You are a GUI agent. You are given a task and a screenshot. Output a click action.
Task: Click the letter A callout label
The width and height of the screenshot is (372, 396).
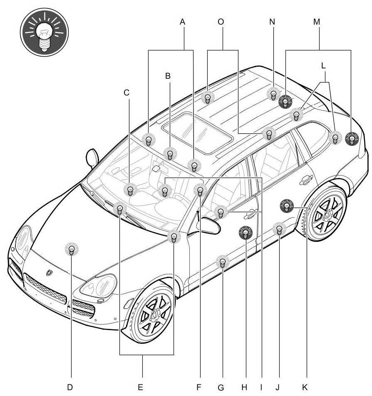pyautogui.click(x=182, y=22)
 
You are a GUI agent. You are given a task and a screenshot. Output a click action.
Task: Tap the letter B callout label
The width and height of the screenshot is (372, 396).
pyautogui.click(x=168, y=76)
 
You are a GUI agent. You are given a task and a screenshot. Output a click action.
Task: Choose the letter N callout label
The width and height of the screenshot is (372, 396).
pyautogui.click(x=272, y=22)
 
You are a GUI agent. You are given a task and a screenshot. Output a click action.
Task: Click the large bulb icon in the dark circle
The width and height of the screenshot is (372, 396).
pyautogui.click(x=45, y=32)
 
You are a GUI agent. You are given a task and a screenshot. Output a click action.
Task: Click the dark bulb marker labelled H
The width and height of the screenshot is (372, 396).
pyautogui.click(x=246, y=233)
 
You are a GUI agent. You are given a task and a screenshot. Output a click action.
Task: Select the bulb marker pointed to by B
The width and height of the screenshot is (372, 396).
pyautogui.click(x=169, y=154)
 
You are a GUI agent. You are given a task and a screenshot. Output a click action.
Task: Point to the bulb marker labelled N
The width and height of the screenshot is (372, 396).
pyautogui.click(x=273, y=93)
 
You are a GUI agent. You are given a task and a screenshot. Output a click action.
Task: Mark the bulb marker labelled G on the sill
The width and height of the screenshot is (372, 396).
pyautogui.click(x=223, y=263)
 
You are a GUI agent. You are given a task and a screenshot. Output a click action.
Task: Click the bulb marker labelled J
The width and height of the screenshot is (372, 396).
pyautogui.click(x=279, y=229)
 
